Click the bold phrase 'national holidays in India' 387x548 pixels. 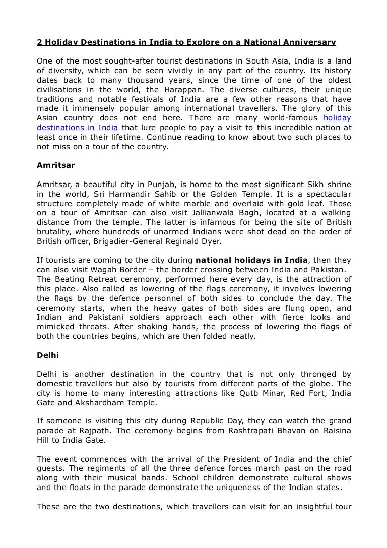(x=251, y=261)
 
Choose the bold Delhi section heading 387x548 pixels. (x=48, y=355)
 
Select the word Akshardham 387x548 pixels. (x=114, y=403)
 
